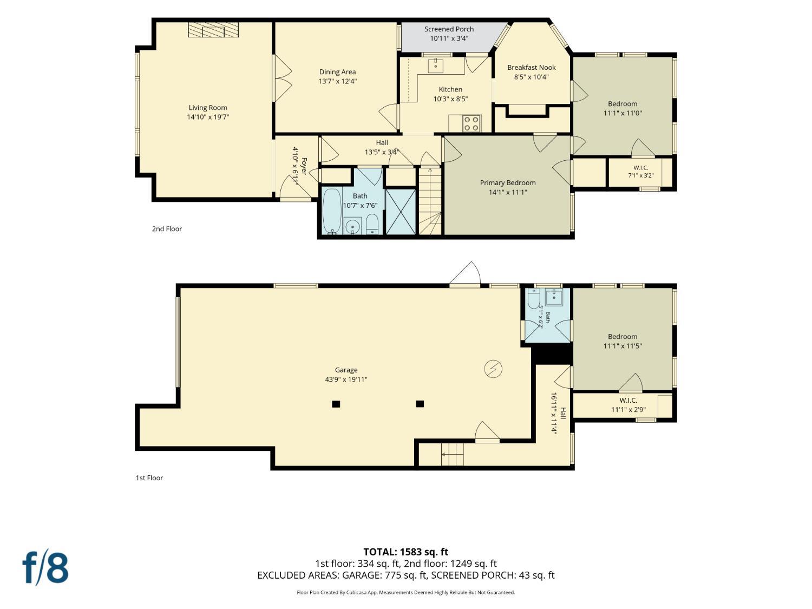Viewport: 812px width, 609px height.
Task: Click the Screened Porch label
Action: [449, 29]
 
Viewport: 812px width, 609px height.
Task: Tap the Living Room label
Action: [208, 108]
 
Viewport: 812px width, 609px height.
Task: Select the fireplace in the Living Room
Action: [213, 30]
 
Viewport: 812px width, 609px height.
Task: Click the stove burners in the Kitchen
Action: [472, 123]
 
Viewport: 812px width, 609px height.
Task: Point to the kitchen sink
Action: [436, 66]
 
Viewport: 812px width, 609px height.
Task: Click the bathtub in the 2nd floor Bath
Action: [332, 211]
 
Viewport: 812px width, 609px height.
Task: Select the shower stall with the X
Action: [401, 212]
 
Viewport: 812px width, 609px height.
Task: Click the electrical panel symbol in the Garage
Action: [493, 369]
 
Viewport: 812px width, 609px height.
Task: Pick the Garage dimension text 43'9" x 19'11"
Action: [346, 379]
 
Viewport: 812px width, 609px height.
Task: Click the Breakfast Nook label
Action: [531, 67]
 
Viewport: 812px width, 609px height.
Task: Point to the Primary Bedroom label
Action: [508, 182]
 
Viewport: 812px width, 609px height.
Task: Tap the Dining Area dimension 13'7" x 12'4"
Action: [337, 81]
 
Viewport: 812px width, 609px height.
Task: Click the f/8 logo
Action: [45, 569]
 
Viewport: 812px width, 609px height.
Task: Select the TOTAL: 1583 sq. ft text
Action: [406, 552]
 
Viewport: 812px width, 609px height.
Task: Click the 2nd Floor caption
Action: [167, 229]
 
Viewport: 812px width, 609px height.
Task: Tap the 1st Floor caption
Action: [149, 478]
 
